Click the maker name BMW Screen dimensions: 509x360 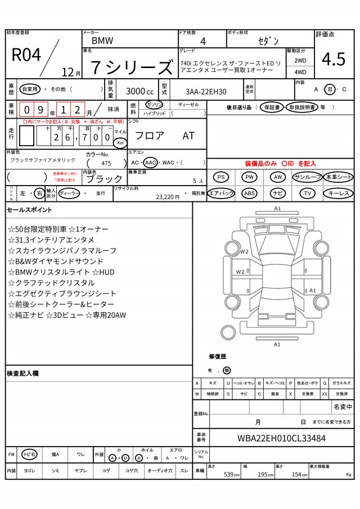(x=102, y=41)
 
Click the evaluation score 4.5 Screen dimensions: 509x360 (x=333, y=58)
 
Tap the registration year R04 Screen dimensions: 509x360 (x=26, y=55)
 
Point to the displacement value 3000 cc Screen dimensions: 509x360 (x=139, y=91)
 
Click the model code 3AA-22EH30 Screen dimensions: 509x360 (x=206, y=91)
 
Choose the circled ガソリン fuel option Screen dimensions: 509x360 (x=154, y=105)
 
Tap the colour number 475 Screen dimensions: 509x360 (x=106, y=163)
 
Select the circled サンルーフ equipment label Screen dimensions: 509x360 (x=307, y=177)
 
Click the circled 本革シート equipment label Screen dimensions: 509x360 (x=339, y=177)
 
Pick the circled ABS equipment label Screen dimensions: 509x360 (x=249, y=193)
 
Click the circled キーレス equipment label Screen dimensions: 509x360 (x=339, y=193)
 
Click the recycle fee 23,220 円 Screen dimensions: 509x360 (x=167, y=197)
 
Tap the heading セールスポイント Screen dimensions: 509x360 (x=29, y=210)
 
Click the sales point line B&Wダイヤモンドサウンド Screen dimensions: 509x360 (x=56, y=261)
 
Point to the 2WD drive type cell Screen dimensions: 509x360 (x=300, y=60)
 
